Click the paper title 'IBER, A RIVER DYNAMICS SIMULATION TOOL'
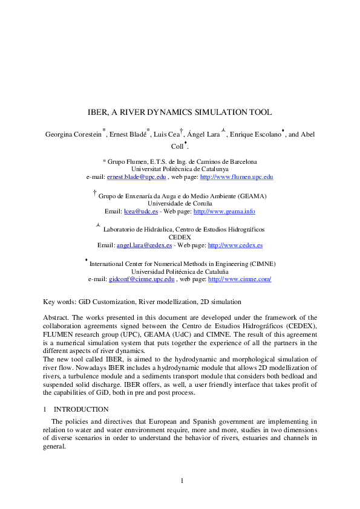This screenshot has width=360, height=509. click(x=180, y=112)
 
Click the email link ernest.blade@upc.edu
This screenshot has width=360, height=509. click(x=132, y=177)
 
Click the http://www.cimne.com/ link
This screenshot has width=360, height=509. click(x=239, y=279)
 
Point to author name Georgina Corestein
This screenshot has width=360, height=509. click(x=73, y=134)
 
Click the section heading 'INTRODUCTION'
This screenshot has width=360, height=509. click(x=81, y=409)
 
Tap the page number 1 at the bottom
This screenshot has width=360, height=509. click(x=180, y=481)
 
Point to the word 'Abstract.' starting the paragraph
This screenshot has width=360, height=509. click(x=56, y=317)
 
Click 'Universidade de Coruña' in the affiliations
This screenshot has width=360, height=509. click(x=180, y=204)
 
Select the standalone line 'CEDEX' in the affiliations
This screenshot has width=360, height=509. click(x=180, y=238)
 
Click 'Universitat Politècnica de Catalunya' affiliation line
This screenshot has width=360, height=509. click(x=180, y=169)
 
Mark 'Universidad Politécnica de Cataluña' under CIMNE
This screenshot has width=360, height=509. click(x=180, y=272)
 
